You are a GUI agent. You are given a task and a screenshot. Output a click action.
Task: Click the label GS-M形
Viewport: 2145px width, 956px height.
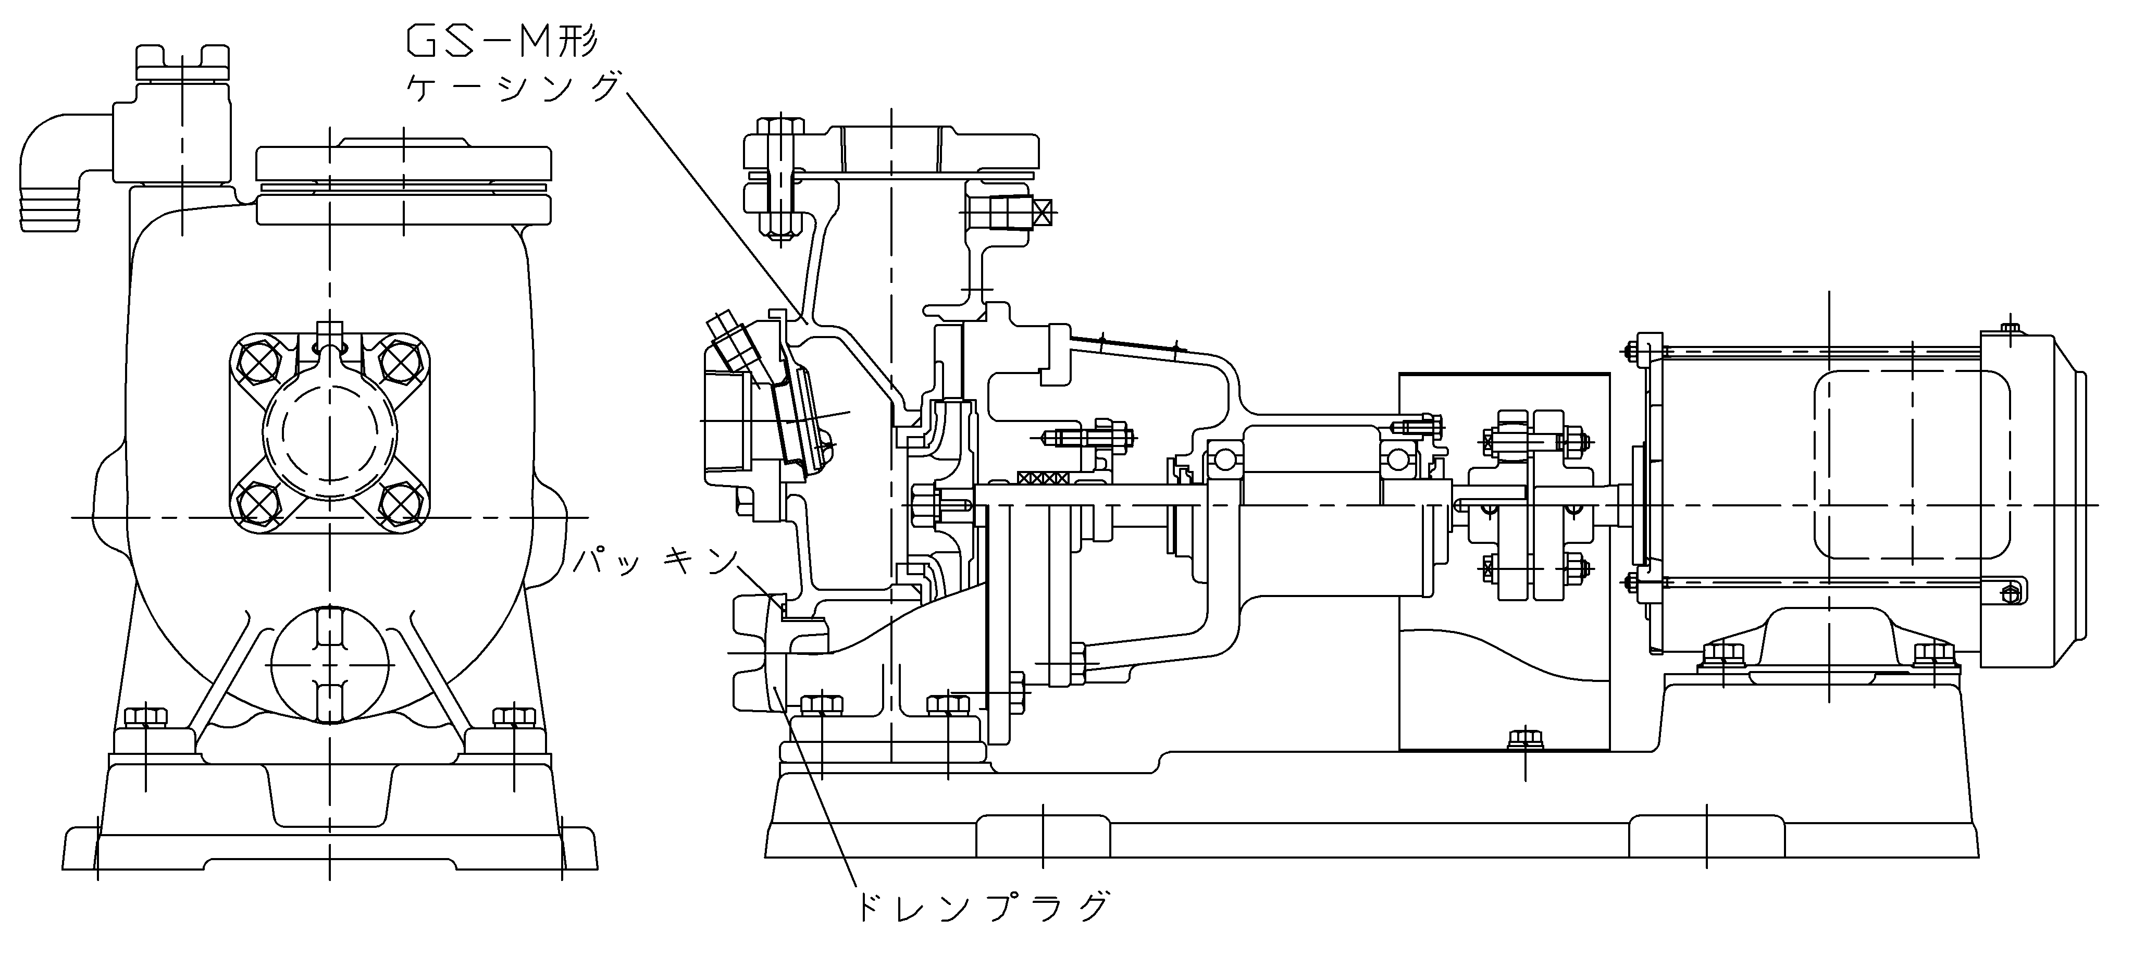(502, 42)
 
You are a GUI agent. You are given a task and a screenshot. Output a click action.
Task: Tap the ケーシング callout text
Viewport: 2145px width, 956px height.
(514, 86)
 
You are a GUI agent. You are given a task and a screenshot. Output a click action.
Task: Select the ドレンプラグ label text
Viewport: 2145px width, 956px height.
(983, 906)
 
